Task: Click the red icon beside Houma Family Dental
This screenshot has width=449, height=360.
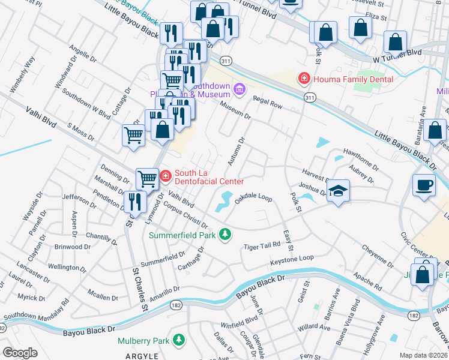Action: click(x=304, y=79)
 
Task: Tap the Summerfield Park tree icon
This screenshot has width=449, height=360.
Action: click(x=225, y=234)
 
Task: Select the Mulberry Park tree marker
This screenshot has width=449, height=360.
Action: click(x=178, y=340)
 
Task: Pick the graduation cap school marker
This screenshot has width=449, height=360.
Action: click(x=339, y=191)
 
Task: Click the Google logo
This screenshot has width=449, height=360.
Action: click(x=20, y=353)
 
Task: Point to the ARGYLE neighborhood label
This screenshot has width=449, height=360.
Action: click(x=142, y=356)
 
